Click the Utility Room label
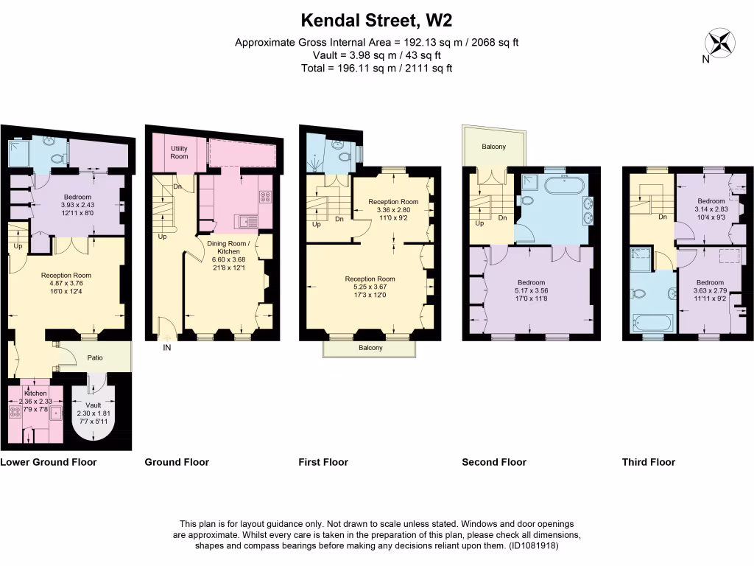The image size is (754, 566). coord(180,152)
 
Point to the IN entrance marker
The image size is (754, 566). coord(167,349)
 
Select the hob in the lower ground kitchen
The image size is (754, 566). coord(16,412)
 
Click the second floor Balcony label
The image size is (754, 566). coord(493,147)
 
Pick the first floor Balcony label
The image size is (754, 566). coord(370,348)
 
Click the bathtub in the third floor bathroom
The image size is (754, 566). coord(652,323)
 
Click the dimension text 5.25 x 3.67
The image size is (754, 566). coord(370,287)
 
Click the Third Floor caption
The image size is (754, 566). coord(648,462)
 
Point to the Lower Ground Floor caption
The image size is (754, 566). coord(49,462)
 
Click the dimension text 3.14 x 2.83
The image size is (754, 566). coord(711,209)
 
